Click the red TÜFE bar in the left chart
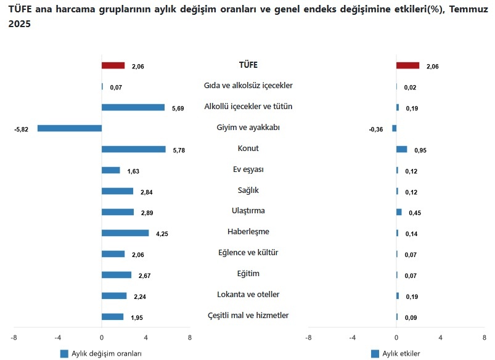pos(113,65)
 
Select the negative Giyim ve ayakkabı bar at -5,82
pos(69,128)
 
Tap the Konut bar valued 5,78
pos(133,149)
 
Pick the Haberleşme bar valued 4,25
pos(125,233)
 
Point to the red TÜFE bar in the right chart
pos(407,65)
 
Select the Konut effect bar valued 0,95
pos(401,149)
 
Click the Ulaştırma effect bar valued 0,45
pos(399,212)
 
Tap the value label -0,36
pos(376,129)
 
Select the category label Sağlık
pos(248,190)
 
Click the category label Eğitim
pos(248,274)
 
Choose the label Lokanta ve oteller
pos(248,295)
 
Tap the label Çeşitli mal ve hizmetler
pos(248,316)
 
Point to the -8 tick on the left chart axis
pos(13,338)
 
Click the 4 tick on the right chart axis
pos(441,338)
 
